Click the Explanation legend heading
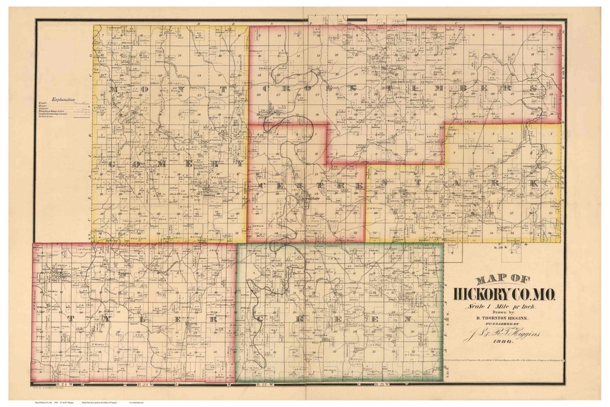63,99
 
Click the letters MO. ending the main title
543,294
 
